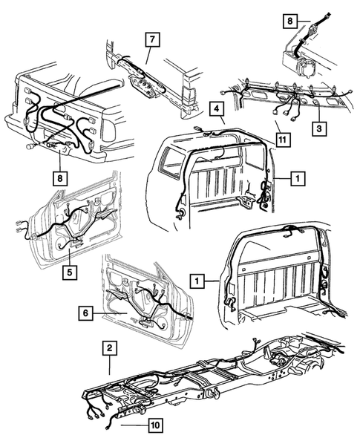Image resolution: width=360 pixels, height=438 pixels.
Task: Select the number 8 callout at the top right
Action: (x=290, y=22)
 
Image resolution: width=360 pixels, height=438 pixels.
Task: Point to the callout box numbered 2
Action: (x=109, y=347)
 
